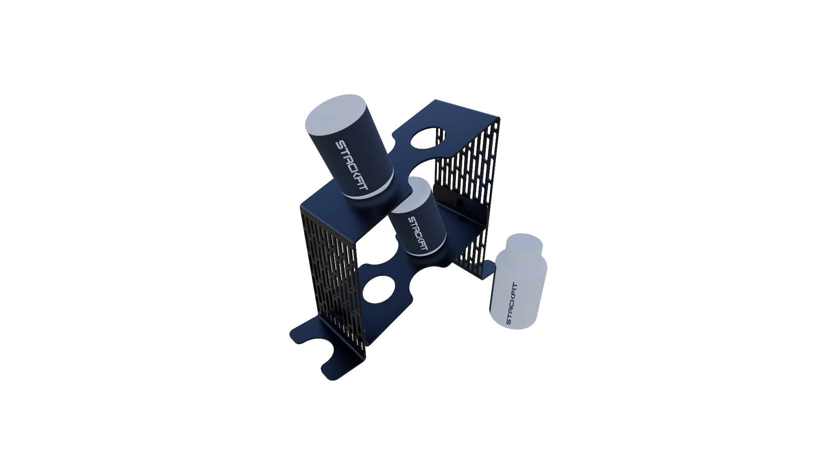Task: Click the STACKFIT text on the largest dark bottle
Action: coord(351,165)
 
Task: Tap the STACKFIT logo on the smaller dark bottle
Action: coord(418,233)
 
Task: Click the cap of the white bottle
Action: coord(524,249)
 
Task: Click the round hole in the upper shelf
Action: coord(425,138)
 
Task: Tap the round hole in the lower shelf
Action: coord(379,289)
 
